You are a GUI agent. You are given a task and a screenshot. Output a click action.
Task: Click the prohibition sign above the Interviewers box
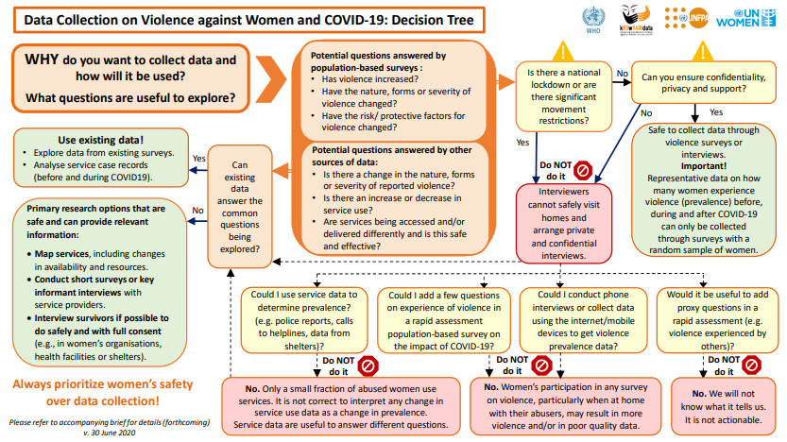[x=583, y=170]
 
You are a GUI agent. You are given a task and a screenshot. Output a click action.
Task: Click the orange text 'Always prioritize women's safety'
[x=104, y=384]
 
